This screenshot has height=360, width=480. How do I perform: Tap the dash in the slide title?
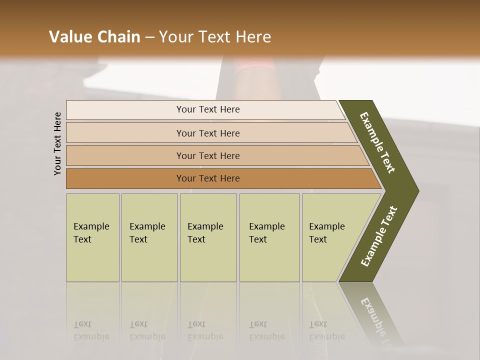point(149,37)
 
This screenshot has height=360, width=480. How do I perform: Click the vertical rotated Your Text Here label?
point(57,143)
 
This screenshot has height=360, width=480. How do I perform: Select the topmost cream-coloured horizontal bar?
point(205,109)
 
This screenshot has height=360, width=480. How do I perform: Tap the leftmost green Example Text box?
point(92,237)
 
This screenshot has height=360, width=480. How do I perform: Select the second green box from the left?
point(149,237)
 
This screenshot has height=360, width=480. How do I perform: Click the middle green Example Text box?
point(208,237)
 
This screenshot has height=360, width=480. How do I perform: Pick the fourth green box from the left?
point(269,237)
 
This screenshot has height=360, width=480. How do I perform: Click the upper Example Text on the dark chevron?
point(377,142)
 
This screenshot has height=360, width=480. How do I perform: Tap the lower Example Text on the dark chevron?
point(378,236)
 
